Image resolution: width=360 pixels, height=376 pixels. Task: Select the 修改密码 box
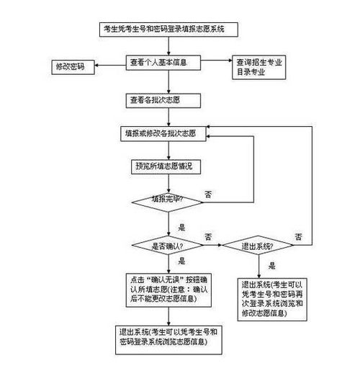pos(70,66)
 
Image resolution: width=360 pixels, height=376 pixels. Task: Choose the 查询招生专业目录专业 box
pos(258,66)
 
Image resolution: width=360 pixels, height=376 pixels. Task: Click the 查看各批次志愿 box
pos(166,99)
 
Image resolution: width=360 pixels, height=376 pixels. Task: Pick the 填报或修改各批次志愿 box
pos(166,134)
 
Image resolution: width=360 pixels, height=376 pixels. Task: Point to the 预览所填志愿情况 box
pos(166,166)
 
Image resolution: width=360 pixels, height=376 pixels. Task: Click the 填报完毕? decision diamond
pos(166,200)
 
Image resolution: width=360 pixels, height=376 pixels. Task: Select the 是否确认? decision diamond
pos(166,246)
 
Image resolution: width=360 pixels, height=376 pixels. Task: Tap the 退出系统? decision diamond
pos(258,246)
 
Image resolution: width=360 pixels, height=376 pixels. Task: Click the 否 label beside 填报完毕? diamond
pos(208,195)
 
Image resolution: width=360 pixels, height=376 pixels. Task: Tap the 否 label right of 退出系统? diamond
pos(298,237)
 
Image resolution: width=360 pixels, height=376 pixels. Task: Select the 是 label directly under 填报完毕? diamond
pos(181,227)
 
